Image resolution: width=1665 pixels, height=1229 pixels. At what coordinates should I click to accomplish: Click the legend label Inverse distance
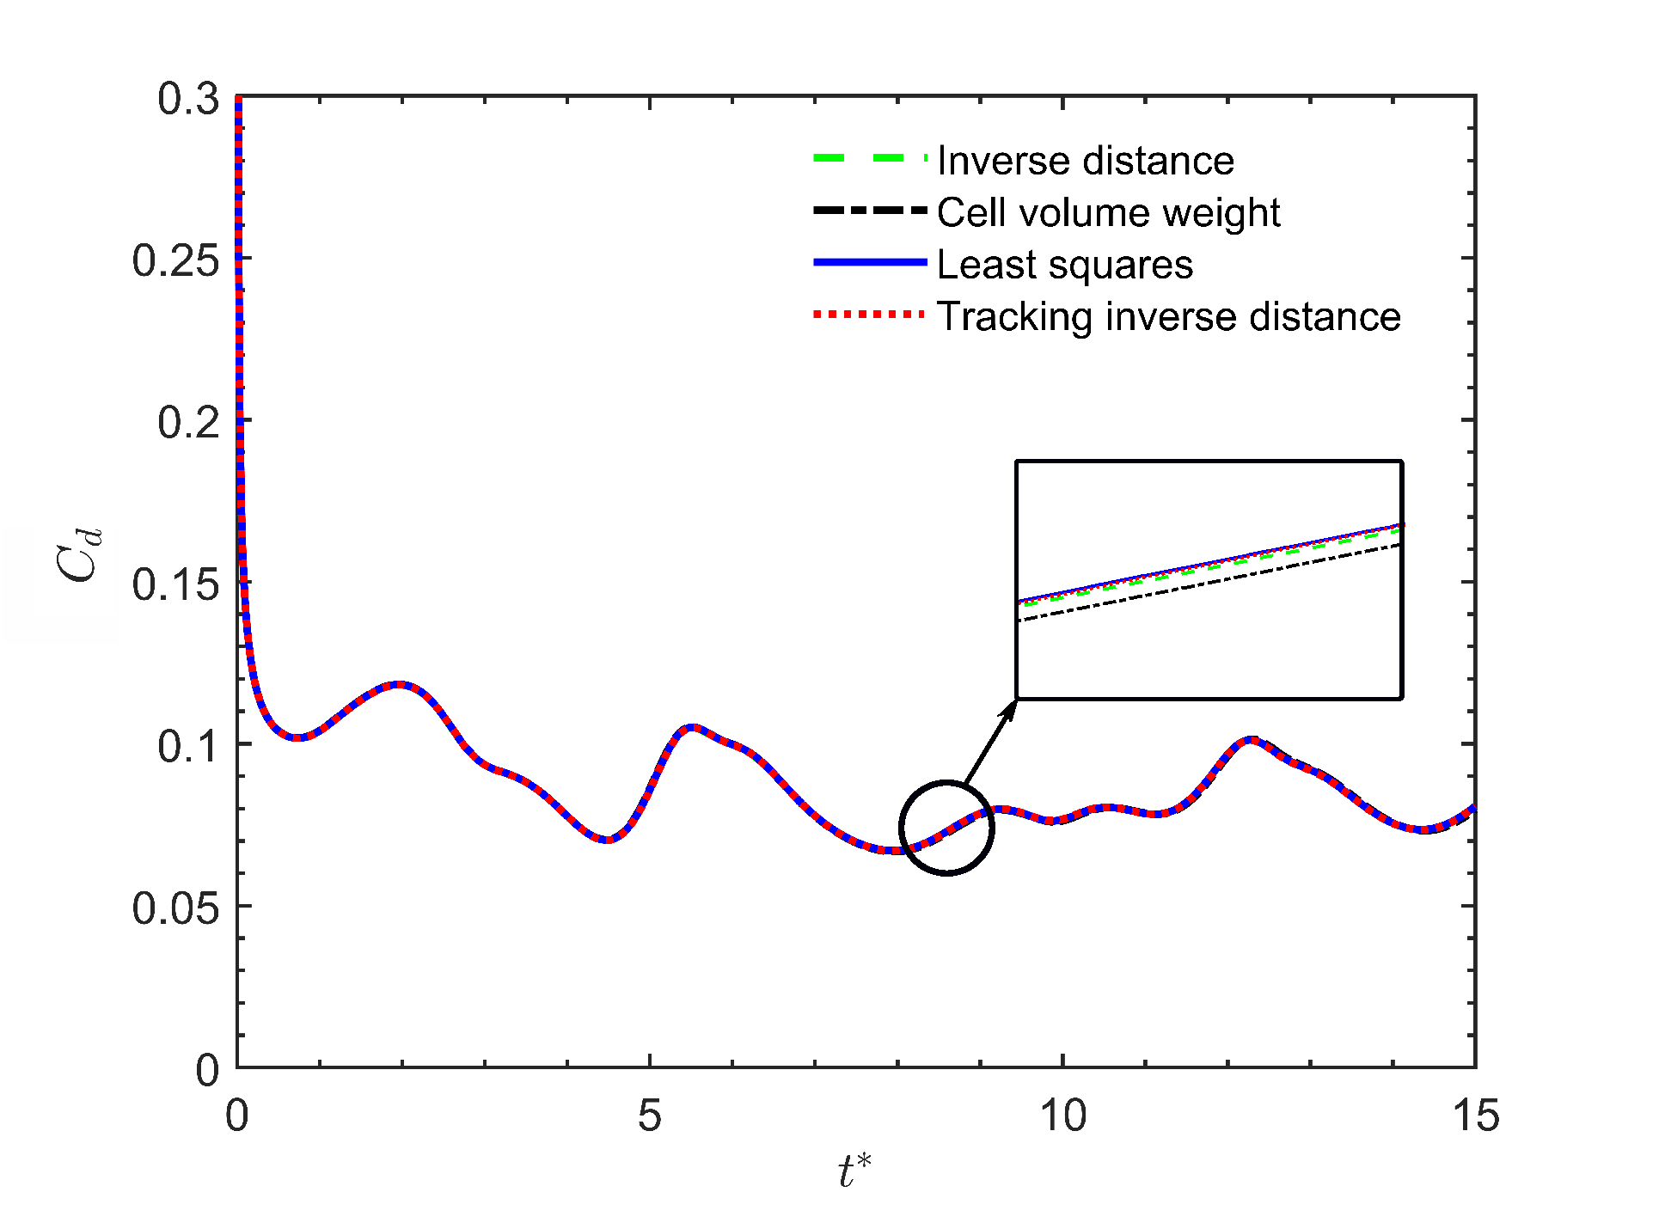pos(1085,161)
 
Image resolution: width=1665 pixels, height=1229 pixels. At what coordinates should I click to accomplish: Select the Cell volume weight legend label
pos(1108,212)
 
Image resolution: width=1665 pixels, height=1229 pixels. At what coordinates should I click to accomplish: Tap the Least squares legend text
pos(1064,265)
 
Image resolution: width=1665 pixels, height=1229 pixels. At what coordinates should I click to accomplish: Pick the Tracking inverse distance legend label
pos(1168,316)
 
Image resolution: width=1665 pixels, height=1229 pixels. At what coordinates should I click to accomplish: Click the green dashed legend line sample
pos(870,159)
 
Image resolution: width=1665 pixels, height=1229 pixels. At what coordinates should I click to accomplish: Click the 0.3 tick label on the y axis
pos(188,99)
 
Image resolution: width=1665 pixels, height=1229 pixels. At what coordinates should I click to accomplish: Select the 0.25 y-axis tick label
pos(175,260)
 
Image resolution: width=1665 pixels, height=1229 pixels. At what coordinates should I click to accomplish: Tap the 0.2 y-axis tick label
pos(188,422)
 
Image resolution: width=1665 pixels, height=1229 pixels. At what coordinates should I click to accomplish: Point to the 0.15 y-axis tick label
pos(175,584)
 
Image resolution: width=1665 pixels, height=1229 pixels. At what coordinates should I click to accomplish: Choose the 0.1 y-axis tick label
pos(188,746)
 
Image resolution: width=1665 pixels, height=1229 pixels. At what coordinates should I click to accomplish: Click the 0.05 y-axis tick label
pos(175,908)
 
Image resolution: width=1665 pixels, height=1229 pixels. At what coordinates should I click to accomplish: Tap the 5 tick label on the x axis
pos(650,1116)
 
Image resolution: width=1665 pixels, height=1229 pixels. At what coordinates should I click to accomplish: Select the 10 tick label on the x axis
pos(1063,1116)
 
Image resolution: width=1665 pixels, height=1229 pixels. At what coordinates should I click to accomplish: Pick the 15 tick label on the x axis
pos(1476,1116)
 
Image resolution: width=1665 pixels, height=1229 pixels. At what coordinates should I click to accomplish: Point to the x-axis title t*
pos(854,1171)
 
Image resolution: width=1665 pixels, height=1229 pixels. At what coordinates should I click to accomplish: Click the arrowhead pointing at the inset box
pos(1008,709)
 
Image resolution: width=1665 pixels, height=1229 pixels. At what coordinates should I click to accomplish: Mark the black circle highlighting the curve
pos(946,782)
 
